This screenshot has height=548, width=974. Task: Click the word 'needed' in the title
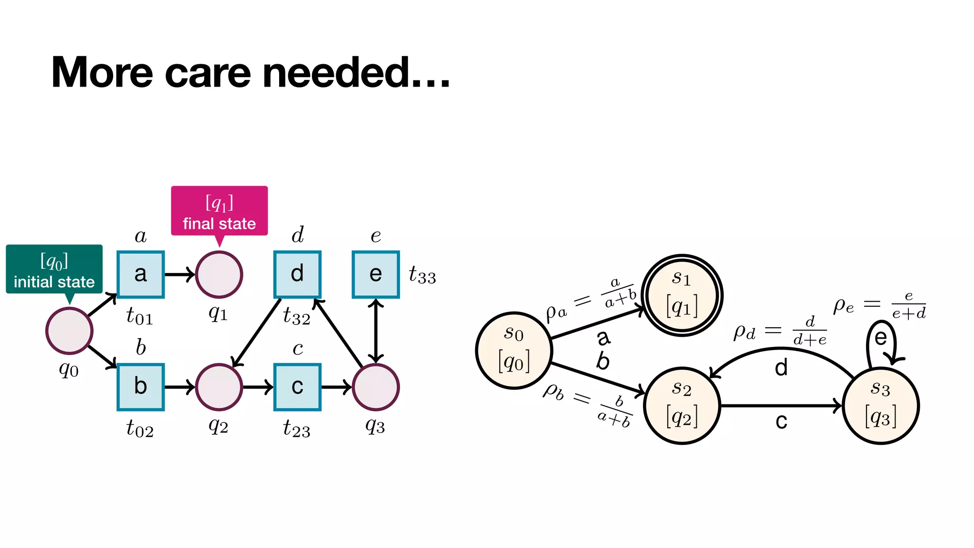coord(337,73)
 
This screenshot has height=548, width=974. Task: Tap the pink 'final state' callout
coord(219,211)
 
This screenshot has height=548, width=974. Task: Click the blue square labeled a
coord(141,274)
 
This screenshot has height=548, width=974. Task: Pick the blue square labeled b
coord(141,387)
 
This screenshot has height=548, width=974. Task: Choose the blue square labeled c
coord(297,387)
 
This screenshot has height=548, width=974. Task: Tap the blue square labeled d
coord(297,274)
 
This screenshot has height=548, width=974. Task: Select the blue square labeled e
coord(376,274)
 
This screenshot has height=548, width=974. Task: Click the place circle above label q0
coord(69,331)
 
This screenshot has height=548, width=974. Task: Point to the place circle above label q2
coord(219,387)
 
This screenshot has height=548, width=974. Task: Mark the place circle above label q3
coord(376,387)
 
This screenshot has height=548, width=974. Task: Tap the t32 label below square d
coord(296,316)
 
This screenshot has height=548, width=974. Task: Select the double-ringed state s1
coord(682,295)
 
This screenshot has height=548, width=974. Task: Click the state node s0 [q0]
coord(514,351)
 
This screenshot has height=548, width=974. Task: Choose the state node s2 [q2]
coord(682,406)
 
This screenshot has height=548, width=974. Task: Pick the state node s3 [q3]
coord(881,406)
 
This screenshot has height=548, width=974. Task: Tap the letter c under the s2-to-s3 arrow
coord(781,421)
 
